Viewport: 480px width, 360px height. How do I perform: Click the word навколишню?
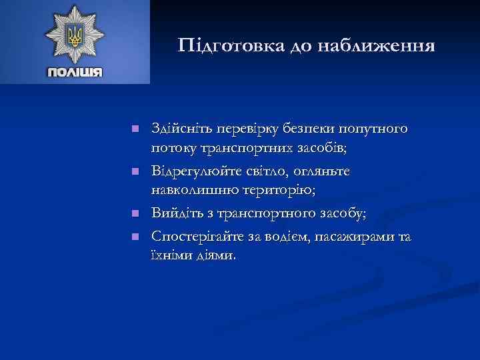click(192, 191)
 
